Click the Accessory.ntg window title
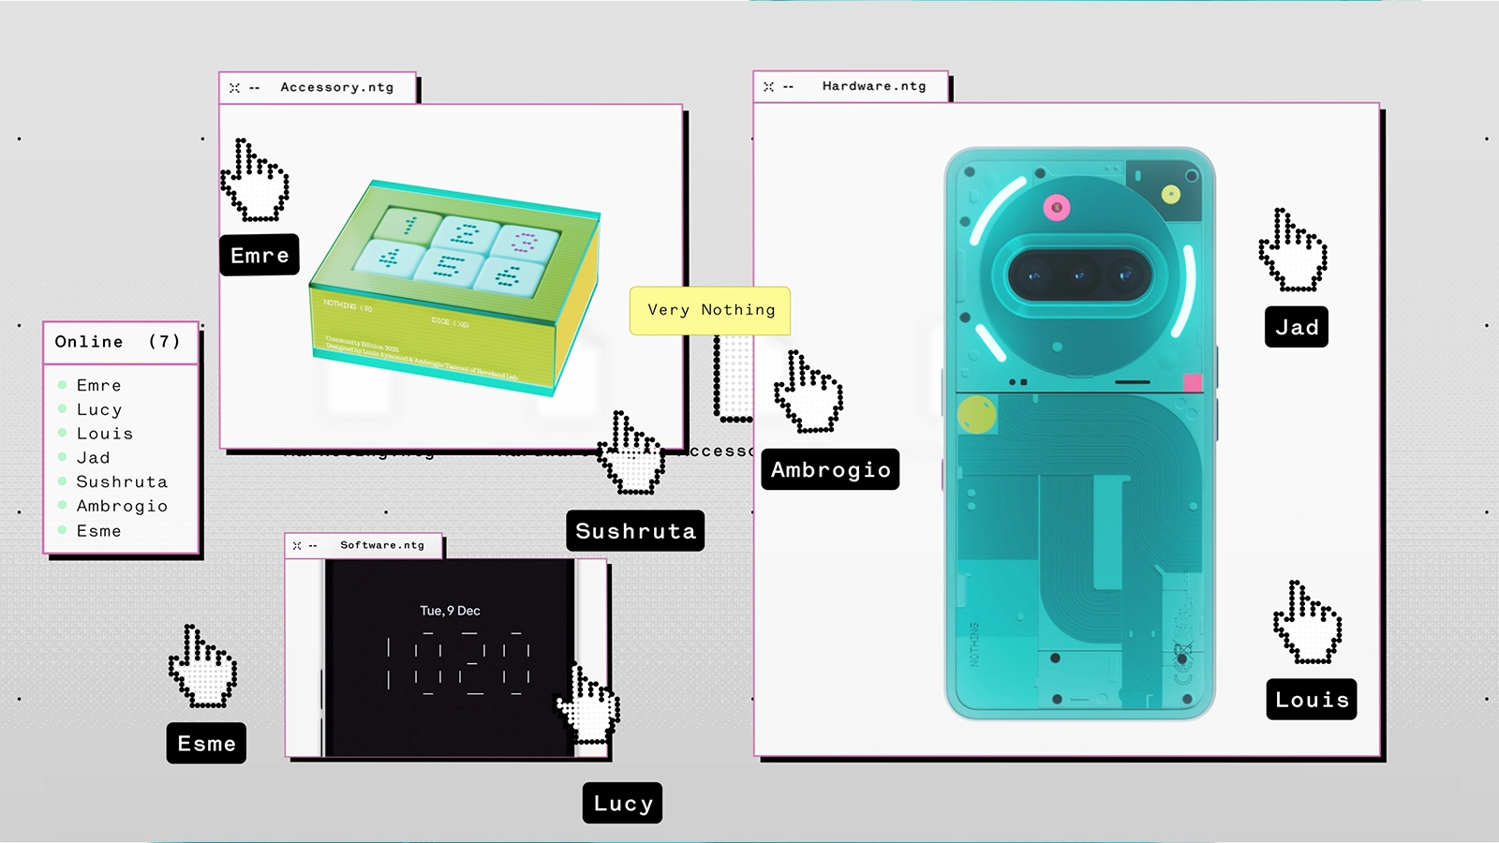coord(336,87)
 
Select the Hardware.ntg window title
coord(873,86)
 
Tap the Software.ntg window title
coord(381,545)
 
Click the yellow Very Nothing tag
coord(710,310)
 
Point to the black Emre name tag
coord(260,255)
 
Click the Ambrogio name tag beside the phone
coord(830,469)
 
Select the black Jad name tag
coord(1297,327)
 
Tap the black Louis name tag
coord(1312,699)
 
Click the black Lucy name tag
coord(622,803)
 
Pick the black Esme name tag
coord(206,743)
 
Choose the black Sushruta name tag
coord(635,531)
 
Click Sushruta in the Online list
coord(122,481)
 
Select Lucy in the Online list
coord(99,409)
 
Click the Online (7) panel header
coord(118,342)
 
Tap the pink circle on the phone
coord(1057,207)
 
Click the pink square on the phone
coord(1193,382)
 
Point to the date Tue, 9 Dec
coord(450,611)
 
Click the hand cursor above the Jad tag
coord(1292,250)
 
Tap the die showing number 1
coord(408,226)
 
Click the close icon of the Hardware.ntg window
coord(768,86)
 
